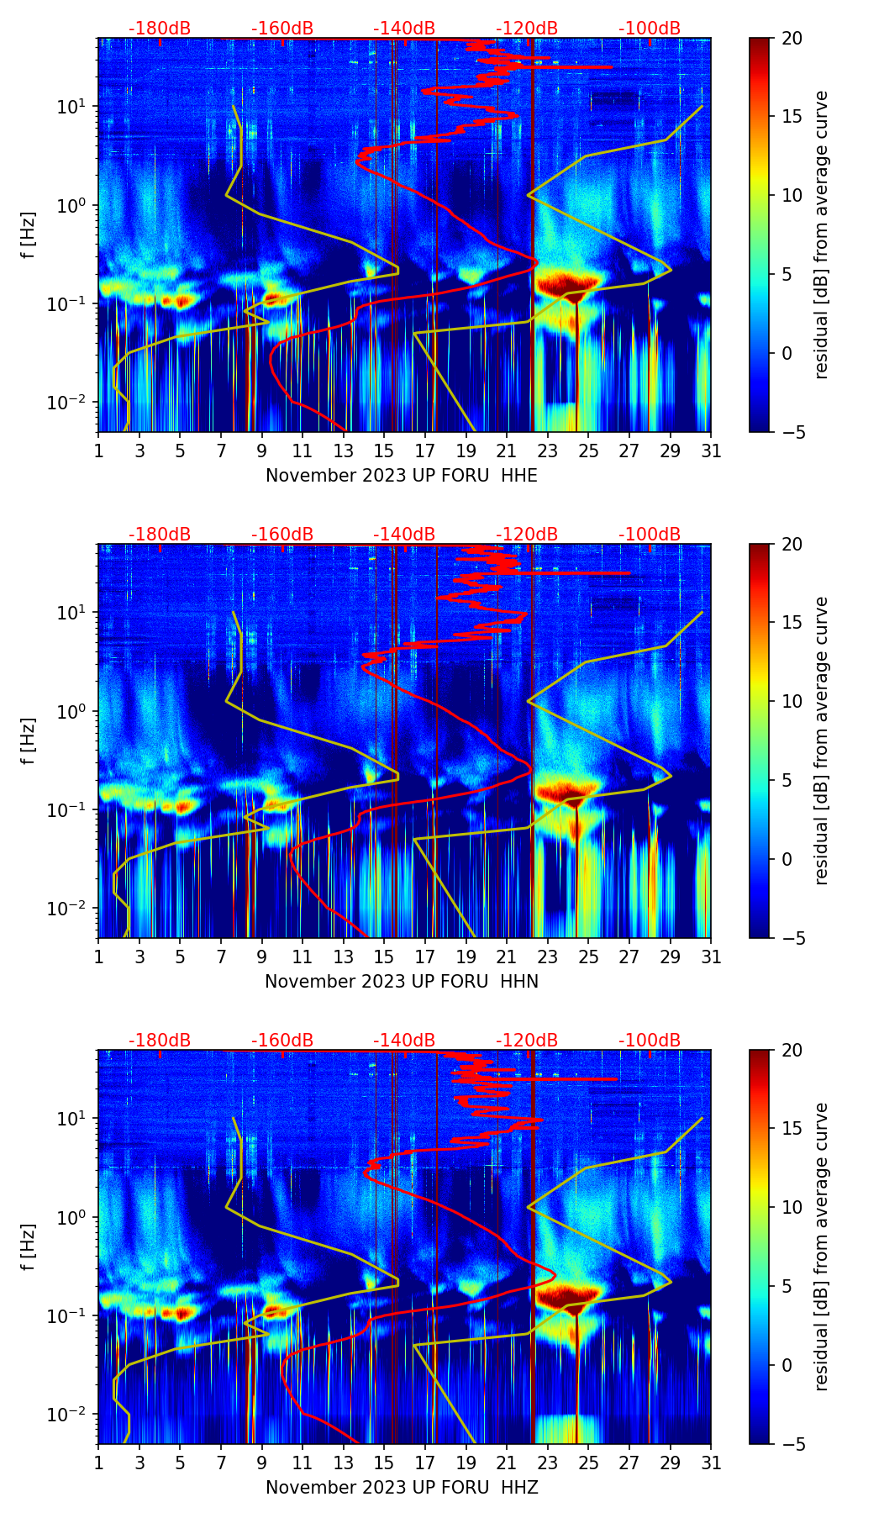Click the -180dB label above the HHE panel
click(x=160, y=29)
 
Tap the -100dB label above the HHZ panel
click(x=650, y=1041)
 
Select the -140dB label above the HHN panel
click(x=404, y=535)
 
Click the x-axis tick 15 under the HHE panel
click(x=384, y=451)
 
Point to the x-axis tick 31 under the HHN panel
click(x=711, y=957)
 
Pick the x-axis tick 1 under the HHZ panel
click(x=98, y=1463)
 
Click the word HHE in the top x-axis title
click(x=519, y=476)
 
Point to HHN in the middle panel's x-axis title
click(x=519, y=982)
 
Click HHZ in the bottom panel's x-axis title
click(x=519, y=1488)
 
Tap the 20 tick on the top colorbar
click(x=791, y=38)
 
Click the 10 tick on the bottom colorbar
click(x=791, y=1208)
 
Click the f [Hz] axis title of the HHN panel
click(x=28, y=741)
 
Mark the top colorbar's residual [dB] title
click(x=821, y=235)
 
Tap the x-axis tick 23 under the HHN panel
click(x=547, y=957)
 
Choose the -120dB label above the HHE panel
click(x=527, y=29)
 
